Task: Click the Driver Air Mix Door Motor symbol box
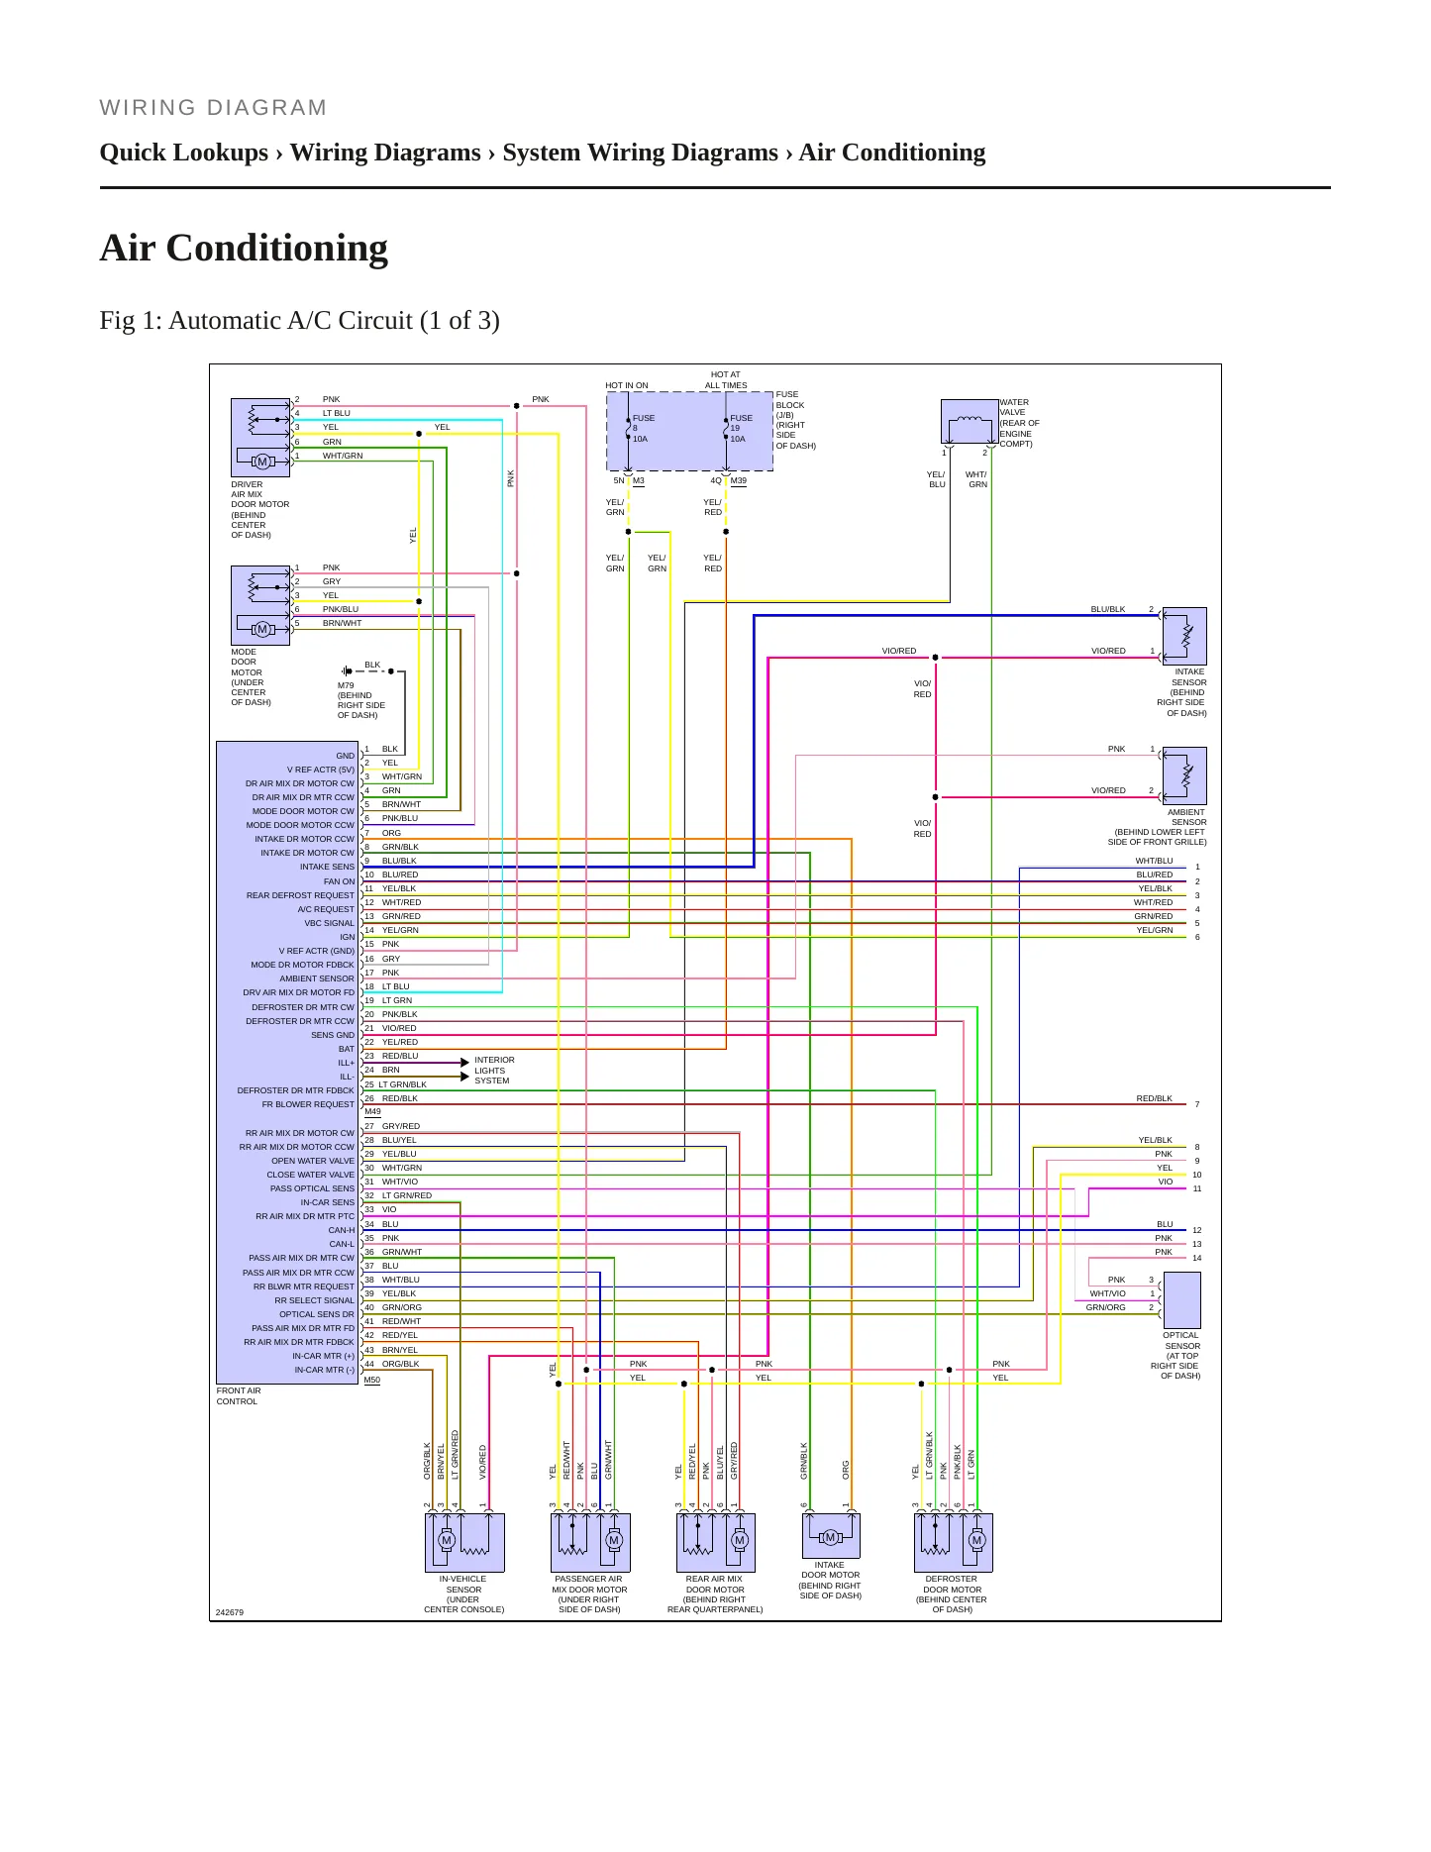pos(260,438)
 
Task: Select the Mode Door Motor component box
pos(260,605)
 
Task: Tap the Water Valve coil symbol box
pos(970,422)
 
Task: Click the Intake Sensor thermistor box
pos(1184,636)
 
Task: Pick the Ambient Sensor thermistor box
pos(1184,775)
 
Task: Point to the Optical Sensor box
pos(1181,1300)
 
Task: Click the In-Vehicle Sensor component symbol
pos(464,1542)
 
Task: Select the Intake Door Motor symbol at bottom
pos(831,1536)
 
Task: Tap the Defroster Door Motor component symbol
pos(954,1542)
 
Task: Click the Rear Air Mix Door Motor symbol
pos(716,1542)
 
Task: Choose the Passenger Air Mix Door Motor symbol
pos(590,1542)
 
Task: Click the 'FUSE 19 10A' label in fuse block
pos(741,428)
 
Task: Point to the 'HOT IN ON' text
pos(627,385)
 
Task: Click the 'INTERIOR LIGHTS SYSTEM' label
pos(494,1071)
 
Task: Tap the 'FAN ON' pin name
pos(339,881)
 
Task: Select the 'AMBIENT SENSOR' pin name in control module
pos(317,978)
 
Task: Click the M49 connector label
pos(372,1111)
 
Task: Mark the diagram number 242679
pos(230,1612)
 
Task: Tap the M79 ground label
pos(346,685)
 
